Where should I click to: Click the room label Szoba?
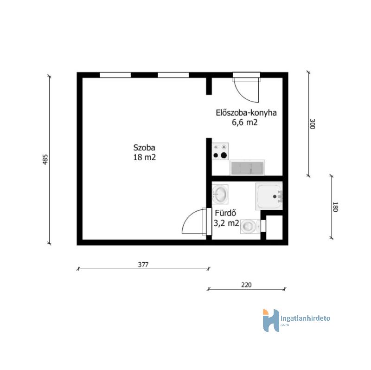coord(144,148)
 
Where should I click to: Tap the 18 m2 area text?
coord(144,157)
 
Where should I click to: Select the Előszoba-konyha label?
coord(246,113)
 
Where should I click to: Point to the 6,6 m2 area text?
coord(245,123)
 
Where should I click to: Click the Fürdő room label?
coord(225,213)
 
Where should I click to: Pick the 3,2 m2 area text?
coord(226,223)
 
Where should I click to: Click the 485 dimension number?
coord(45,159)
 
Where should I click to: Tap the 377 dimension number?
coord(143,265)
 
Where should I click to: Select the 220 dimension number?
coord(246,285)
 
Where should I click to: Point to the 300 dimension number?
coord(312,124)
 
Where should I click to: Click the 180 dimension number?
coord(335,207)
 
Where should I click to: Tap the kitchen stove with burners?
coord(220,151)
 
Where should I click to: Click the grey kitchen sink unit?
coord(247,168)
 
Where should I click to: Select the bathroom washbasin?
coord(220,194)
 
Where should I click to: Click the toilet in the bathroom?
coord(250,227)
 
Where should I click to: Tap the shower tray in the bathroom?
coord(269,195)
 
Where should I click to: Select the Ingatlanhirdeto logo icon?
coord(271,320)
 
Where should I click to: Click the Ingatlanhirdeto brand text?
coord(305,318)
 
